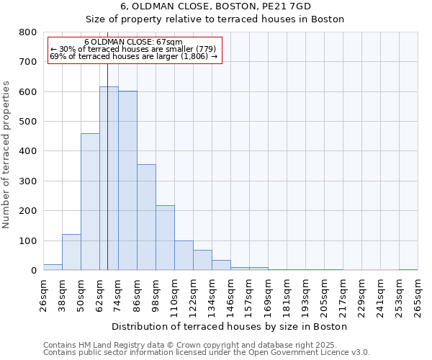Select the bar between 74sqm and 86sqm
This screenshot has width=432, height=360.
(x=127, y=181)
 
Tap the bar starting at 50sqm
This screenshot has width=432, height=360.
(x=90, y=202)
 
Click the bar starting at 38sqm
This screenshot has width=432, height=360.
(x=71, y=252)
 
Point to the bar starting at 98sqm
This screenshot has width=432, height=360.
(x=165, y=238)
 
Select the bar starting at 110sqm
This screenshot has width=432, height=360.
(x=184, y=256)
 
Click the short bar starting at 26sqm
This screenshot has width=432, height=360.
(x=53, y=267)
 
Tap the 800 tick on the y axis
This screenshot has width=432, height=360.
(x=28, y=32)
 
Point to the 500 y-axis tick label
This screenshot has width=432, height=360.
(x=28, y=122)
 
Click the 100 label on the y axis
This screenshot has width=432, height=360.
(x=28, y=240)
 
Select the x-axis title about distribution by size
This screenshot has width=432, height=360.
(x=230, y=326)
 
